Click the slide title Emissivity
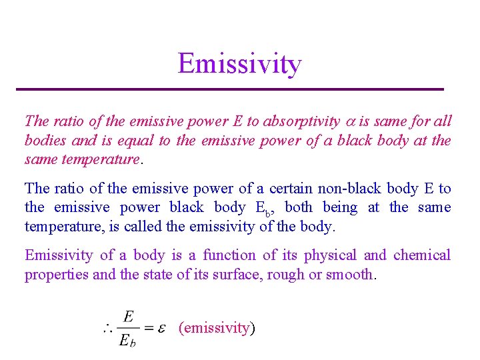click(x=239, y=64)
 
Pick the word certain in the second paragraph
click(x=275, y=189)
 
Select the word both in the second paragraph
click(x=299, y=208)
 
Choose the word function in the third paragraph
click(x=229, y=255)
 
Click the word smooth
click(x=351, y=275)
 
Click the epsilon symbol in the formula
click(x=160, y=327)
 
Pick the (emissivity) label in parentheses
click(x=217, y=327)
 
